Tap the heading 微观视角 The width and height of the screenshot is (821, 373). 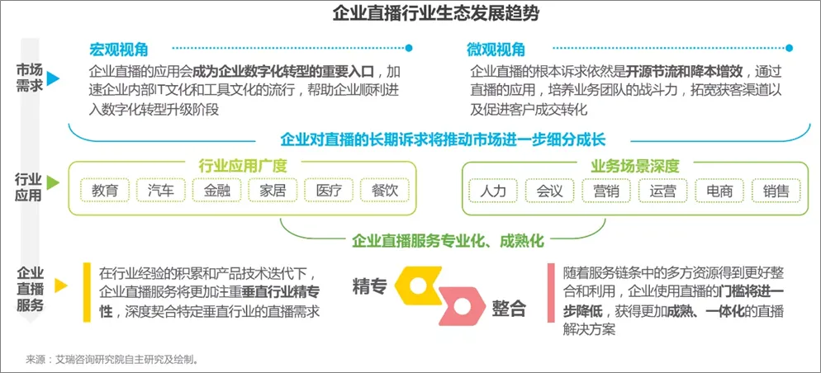pyautogui.click(x=496, y=50)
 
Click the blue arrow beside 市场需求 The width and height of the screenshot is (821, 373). pyautogui.click(x=54, y=78)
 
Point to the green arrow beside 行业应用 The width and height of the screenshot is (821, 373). pyautogui.click(x=54, y=182)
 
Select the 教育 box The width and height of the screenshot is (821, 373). pyautogui.click(x=105, y=191)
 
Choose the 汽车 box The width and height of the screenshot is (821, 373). pyautogui.click(x=161, y=191)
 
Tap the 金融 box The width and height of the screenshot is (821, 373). pyautogui.click(x=216, y=191)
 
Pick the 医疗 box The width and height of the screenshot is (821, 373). pyautogui.click(x=329, y=191)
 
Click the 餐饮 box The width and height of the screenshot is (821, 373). pyautogui.click(x=385, y=191)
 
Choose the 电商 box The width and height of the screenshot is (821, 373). pyautogui.click(x=719, y=191)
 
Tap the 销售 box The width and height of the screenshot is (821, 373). pyautogui.click(x=776, y=191)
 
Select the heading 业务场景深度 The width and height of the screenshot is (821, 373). pyautogui.click(x=629, y=165)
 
